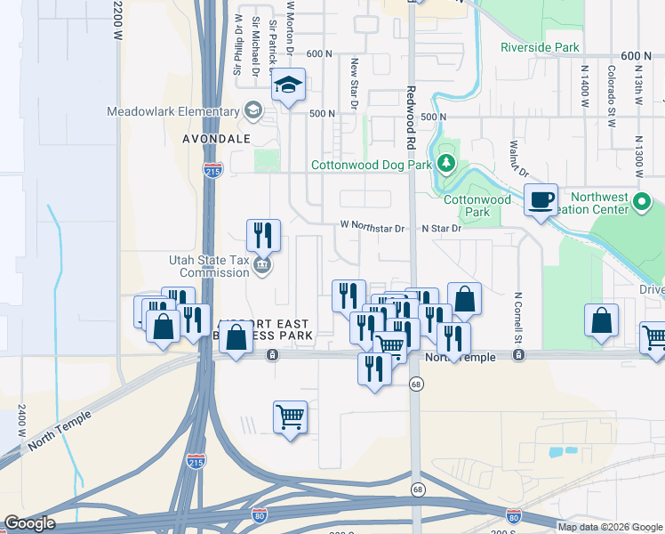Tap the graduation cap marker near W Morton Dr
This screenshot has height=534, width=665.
point(288,86)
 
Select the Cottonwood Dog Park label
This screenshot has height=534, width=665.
point(371,165)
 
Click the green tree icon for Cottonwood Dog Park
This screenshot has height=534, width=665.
point(446,164)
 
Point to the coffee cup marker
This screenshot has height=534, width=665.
point(541,201)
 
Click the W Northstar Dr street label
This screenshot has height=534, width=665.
point(372,228)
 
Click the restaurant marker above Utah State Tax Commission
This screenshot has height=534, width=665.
point(263,237)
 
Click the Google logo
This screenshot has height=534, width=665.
point(29,523)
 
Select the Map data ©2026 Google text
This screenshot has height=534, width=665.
point(610,527)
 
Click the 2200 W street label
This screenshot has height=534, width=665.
point(117,22)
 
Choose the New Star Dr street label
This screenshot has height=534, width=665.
point(354,85)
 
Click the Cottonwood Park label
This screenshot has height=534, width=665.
point(477,206)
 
